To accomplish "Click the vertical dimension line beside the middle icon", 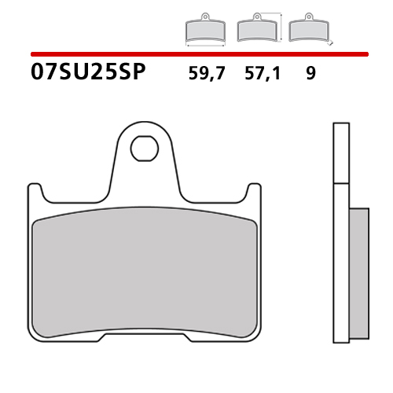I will (x=281, y=26).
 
